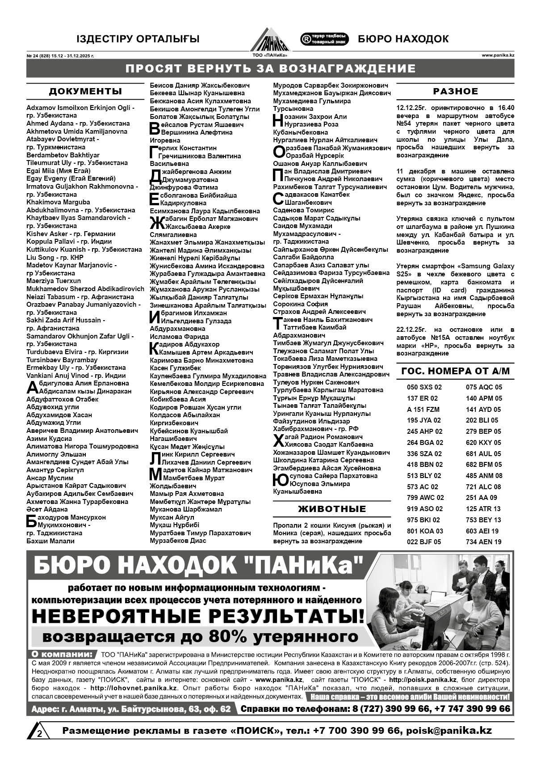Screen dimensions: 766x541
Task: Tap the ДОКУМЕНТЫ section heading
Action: (x=85, y=92)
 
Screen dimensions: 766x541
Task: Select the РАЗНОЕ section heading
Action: (x=455, y=92)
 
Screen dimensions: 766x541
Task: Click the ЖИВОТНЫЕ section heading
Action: (x=332, y=509)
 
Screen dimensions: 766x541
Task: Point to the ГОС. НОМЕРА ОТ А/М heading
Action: (x=455, y=371)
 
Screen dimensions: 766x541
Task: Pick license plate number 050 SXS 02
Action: (x=424, y=387)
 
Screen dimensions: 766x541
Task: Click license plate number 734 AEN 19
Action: (x=484, y=542)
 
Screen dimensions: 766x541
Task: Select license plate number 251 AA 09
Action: (x=481, y=498)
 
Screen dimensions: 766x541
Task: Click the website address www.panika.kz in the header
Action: (x=498, y=55)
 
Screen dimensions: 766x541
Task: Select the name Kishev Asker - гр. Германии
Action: (x=71, y=234)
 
